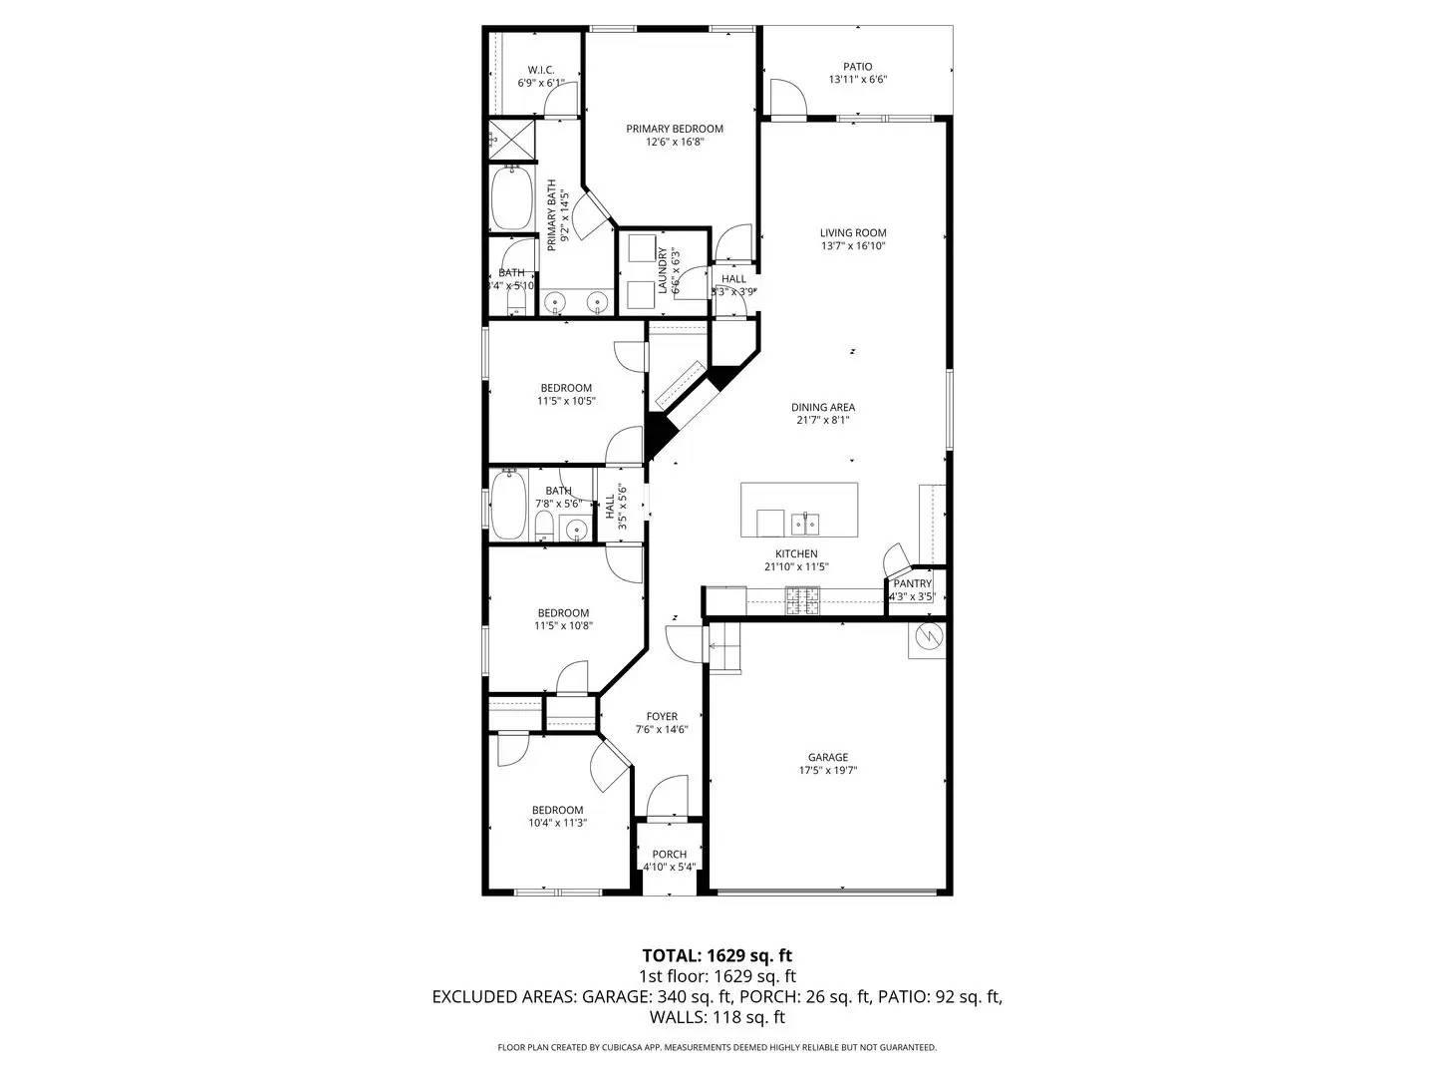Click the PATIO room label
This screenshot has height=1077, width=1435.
coord(857,67)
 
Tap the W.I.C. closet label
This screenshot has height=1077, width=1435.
coord(540,70)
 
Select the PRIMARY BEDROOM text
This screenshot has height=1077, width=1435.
coord(675,129)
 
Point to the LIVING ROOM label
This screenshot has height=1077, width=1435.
coord(853,233)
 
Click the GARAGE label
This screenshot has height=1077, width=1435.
coord(828,757)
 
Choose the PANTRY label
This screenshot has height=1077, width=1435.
coord(912,584)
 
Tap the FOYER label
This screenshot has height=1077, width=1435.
coord(662,716)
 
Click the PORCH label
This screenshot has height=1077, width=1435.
coord(669,854)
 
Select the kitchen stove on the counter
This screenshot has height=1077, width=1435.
coord(802,599)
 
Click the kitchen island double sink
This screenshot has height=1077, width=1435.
coord(804,523)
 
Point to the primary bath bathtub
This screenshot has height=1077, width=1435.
coord(511,198)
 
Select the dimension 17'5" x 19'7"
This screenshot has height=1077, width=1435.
coord(828,770)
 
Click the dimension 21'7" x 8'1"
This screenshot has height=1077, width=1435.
coord(822,420)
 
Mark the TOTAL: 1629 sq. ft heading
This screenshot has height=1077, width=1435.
coord(717,955)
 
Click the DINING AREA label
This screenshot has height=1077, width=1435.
coord(822,407)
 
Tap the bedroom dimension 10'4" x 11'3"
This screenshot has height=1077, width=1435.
coord(557,823)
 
